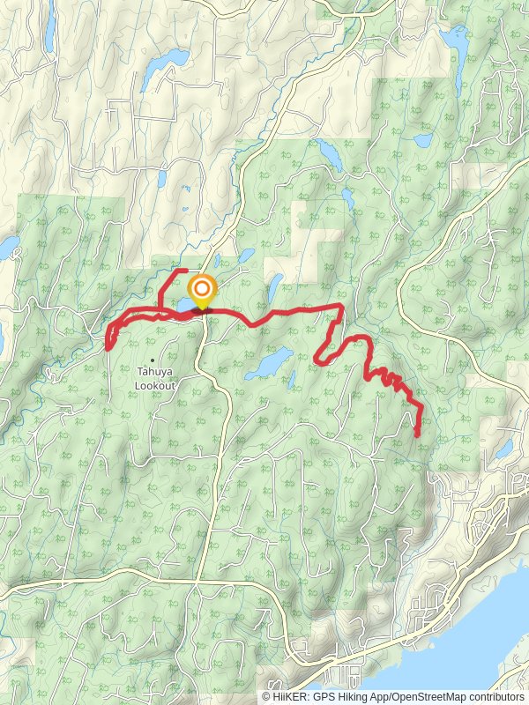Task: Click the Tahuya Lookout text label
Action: click(155, 378)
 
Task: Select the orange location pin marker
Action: click(202, 290)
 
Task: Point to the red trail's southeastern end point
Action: click(416, 434)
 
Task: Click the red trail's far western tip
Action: click(108, 347)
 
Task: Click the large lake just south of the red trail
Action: click(269, 363)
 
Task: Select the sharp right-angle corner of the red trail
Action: click(341, 305)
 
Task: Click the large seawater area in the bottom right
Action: click(458, 652)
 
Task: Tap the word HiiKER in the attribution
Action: click(288, 696)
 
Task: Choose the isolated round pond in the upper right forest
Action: click(424, 140)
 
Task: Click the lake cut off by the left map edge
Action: click(7, 248)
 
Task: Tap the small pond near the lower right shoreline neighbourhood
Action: click(503, 450)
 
